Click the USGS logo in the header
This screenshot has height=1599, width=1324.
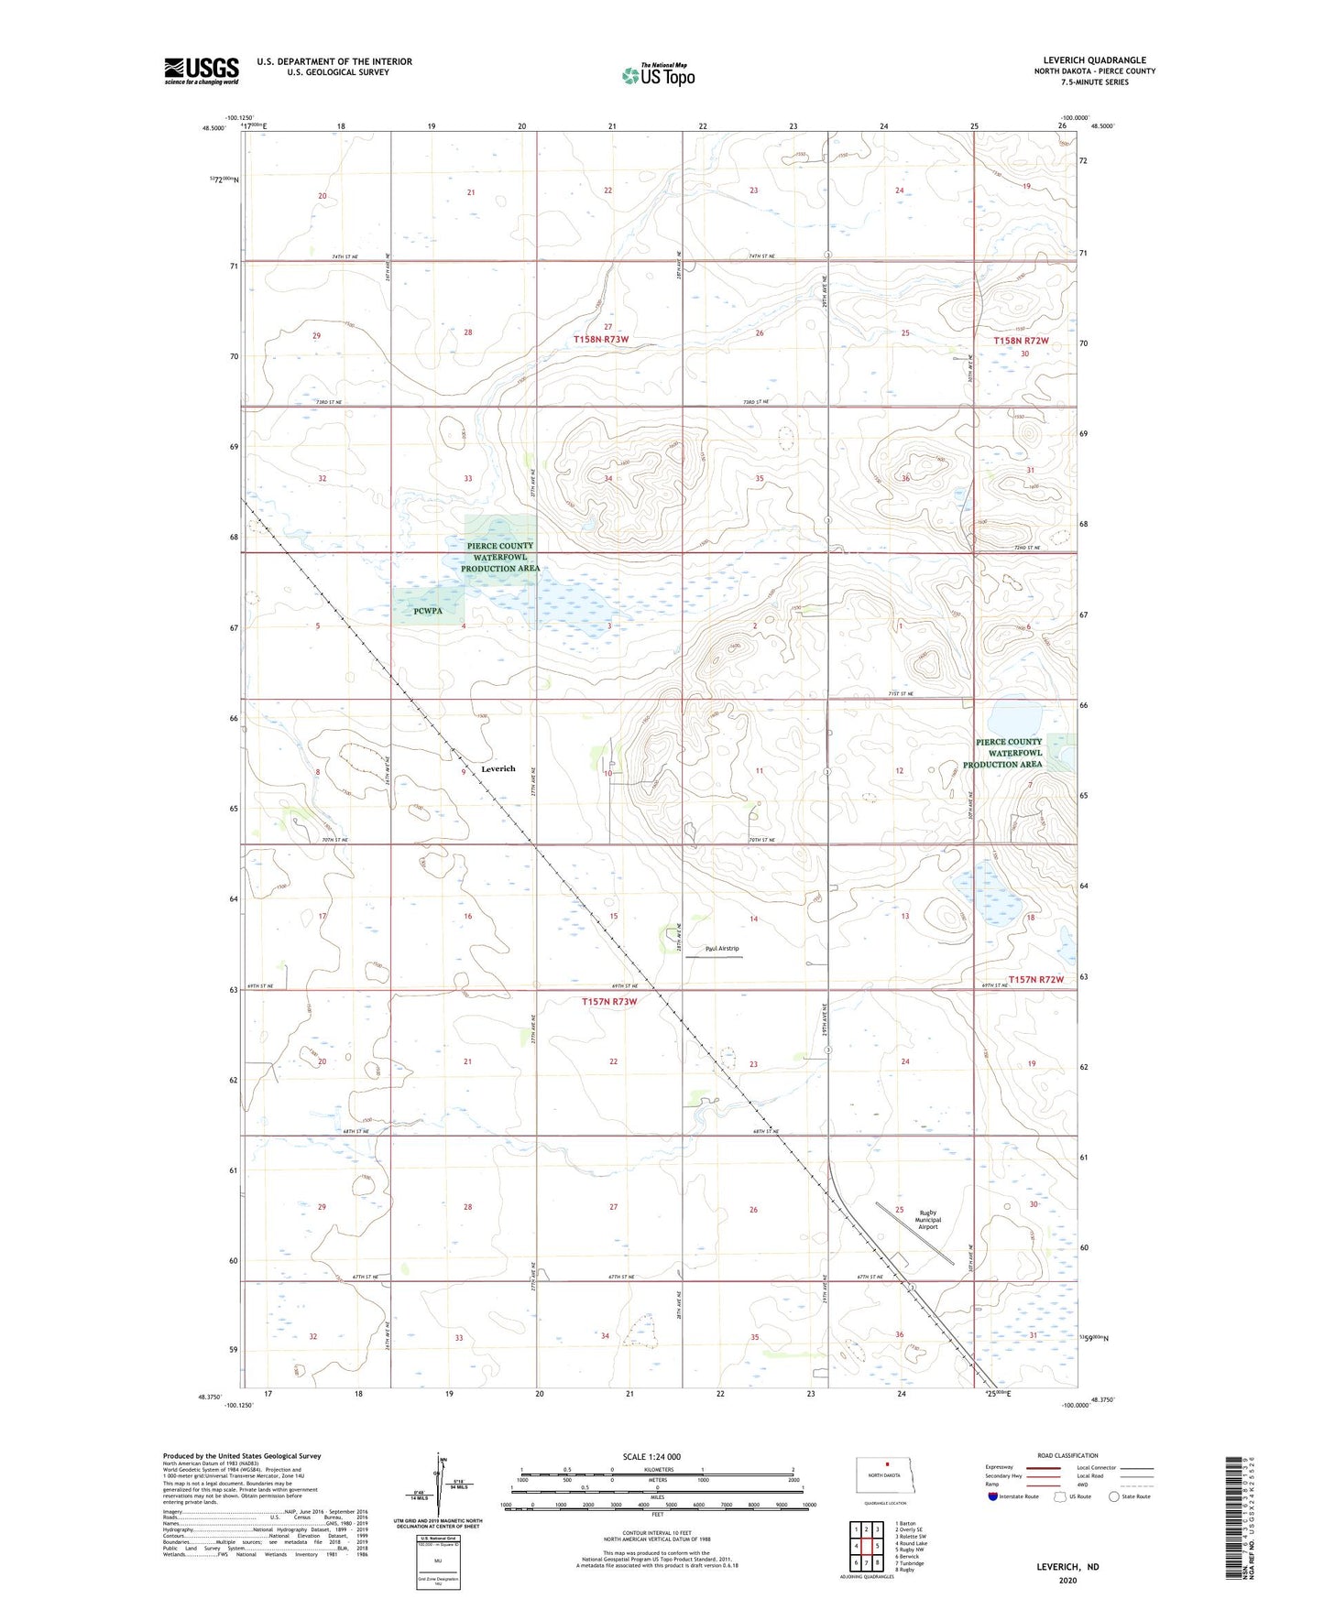(202, 71)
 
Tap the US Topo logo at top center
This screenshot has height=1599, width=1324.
(658, 75)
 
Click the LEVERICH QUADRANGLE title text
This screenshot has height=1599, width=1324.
(1094, 60)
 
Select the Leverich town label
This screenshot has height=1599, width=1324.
(498, 768)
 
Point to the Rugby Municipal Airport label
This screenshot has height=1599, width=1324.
(927, 1220)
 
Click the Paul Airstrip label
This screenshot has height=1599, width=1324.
(722, 949)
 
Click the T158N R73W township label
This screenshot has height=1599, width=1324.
(601, 340)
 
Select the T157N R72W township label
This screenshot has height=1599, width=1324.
(1036, 980)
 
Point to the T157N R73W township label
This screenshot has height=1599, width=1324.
(609, 1002)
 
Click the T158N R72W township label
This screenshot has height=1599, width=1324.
(1021, 341)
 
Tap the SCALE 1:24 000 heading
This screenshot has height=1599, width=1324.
(651, 1456)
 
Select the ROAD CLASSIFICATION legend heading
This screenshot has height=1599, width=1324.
(1067, 1455)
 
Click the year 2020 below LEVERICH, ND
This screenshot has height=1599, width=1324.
(1067, 1580)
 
